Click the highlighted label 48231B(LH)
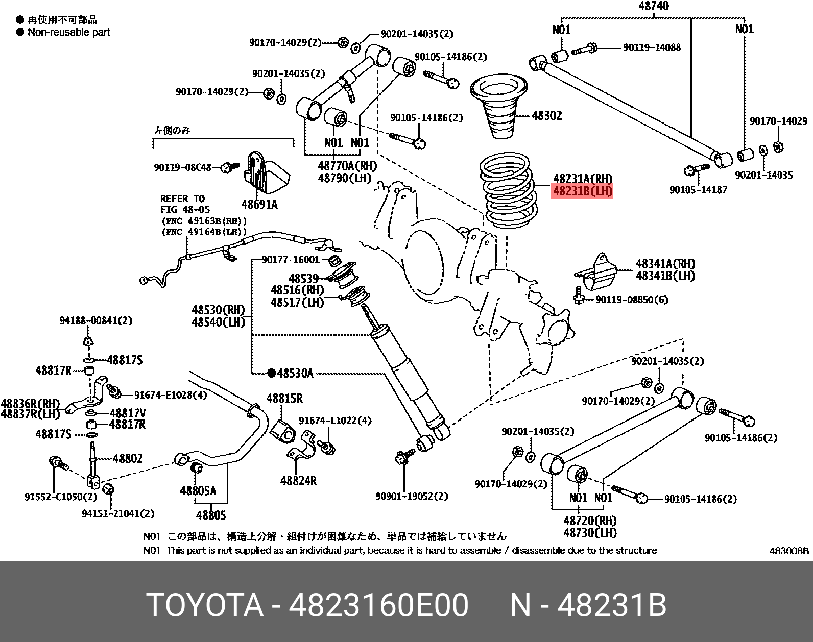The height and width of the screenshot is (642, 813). [x=582, y=192]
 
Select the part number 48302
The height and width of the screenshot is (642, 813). [x=546, y=116]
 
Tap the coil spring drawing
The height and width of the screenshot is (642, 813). [x=508, y=194]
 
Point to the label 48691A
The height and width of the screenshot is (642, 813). [x=259, y=205]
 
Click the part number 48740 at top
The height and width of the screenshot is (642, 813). [x=654, y=6]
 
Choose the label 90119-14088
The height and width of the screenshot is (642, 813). [x=652, y=47]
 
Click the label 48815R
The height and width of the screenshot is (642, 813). [x=284, y=399]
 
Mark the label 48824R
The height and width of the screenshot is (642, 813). [x=298, y=480]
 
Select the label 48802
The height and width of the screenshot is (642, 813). [x=128, y=459]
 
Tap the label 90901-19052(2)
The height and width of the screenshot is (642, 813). [x=412, y=496]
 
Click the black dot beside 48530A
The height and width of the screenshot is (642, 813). [x=271, y=373]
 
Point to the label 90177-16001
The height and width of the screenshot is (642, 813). [x=290, y=260]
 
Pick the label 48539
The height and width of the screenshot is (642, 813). [x=303, y=279]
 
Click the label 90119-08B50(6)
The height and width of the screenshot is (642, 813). [x=632, y=300]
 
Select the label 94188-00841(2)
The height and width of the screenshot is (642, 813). [x=95, y=320]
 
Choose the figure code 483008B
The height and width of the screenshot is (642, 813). [x=790, y=551]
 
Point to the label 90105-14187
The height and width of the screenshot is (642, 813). [x=698, y=190]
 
